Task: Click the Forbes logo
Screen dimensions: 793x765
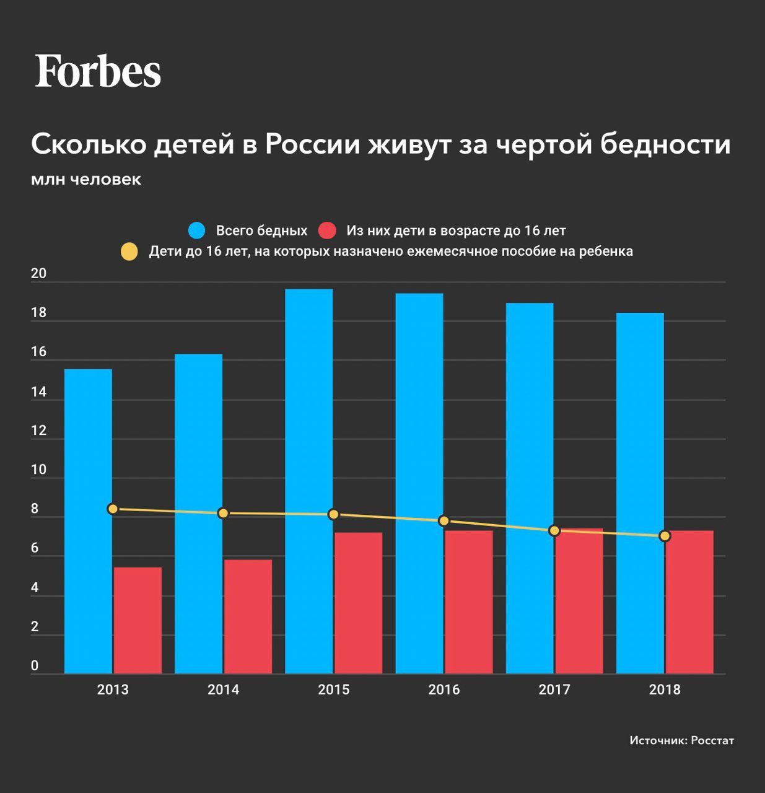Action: [98, 71]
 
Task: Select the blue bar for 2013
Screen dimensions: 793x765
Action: [88, 520]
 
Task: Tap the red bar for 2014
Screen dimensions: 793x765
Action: [248, 616]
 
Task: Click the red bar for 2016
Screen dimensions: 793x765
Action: [468, 602]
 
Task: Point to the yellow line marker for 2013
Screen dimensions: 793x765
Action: [113, 509]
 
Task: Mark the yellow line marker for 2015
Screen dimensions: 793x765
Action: [333, 514]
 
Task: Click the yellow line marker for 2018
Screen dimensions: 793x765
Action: [665, 536]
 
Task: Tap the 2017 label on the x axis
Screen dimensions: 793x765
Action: [554, 690]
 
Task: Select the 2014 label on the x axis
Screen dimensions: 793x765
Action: [223, 690]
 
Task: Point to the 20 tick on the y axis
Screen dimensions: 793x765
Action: [38, 274]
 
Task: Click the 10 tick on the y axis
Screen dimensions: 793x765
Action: [38, 470]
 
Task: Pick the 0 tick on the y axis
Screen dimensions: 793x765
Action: [35, 666]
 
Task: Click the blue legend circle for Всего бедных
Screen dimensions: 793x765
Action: [197, 230]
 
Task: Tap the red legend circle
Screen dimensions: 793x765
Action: [327, 230]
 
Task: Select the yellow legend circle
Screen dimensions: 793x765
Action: [129, 252]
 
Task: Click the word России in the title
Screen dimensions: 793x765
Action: [313, 144]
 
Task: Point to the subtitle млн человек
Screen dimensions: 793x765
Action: [86, 180]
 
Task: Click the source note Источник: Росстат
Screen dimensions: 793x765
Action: [681, 740]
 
